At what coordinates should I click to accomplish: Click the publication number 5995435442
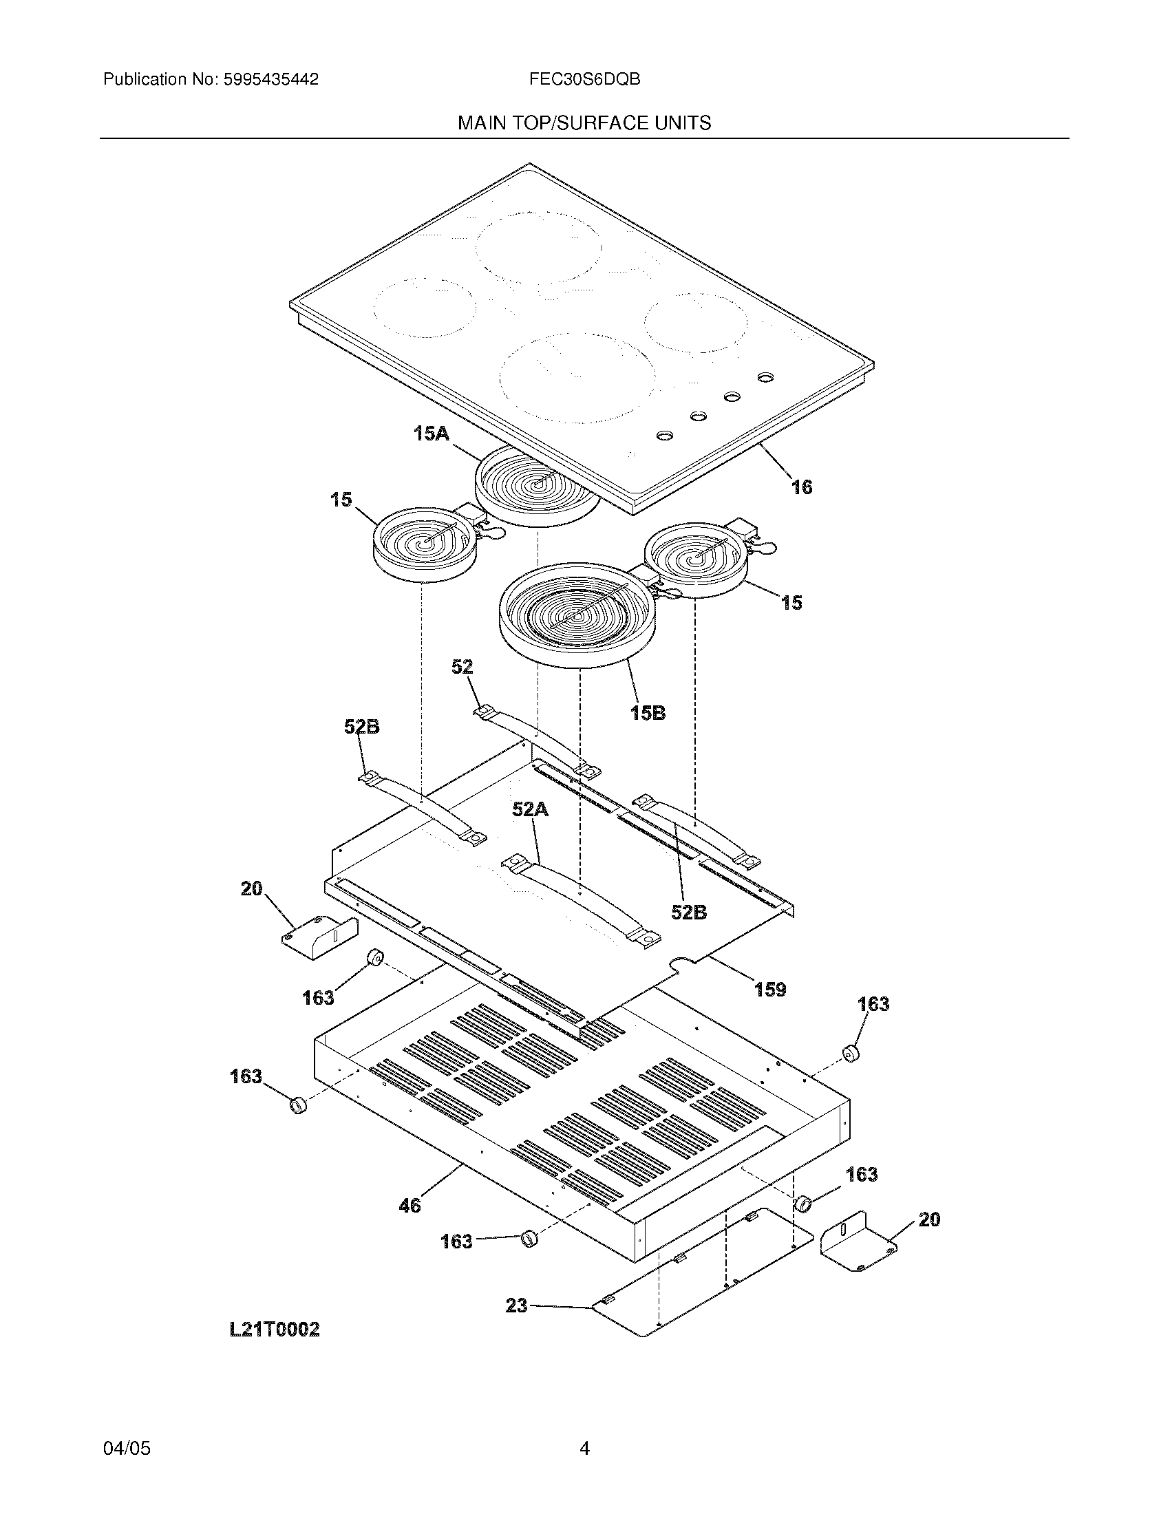[270, 80]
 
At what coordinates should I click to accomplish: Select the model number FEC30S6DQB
[584, 80]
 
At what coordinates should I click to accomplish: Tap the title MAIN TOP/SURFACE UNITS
[584, 123]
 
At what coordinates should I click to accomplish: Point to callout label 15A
[430, 435]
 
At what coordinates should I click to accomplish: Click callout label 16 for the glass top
[802, 487]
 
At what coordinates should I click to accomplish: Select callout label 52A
[530, 809]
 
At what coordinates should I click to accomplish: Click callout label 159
[770, 990]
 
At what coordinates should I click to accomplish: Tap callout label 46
[409, 1206]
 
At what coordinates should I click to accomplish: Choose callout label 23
[517, 1306]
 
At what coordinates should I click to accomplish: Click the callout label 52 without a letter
[462, 667]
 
